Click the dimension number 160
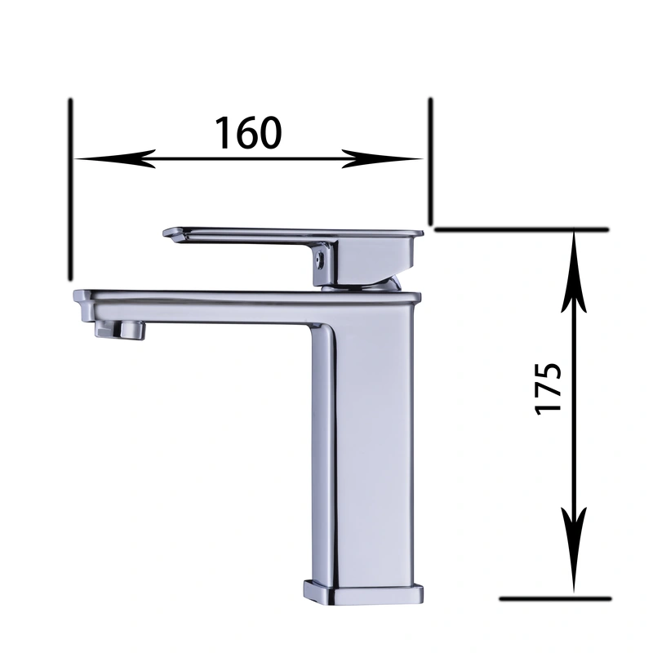tap(248, 132)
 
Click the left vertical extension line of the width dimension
tap(72, 188)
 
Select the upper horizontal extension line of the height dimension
tap(522, 229)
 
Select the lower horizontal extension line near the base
tap(555, 598)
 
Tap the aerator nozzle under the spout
tap(120, 329)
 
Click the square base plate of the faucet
tap(365, 593)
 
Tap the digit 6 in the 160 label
tap(248, 132)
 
